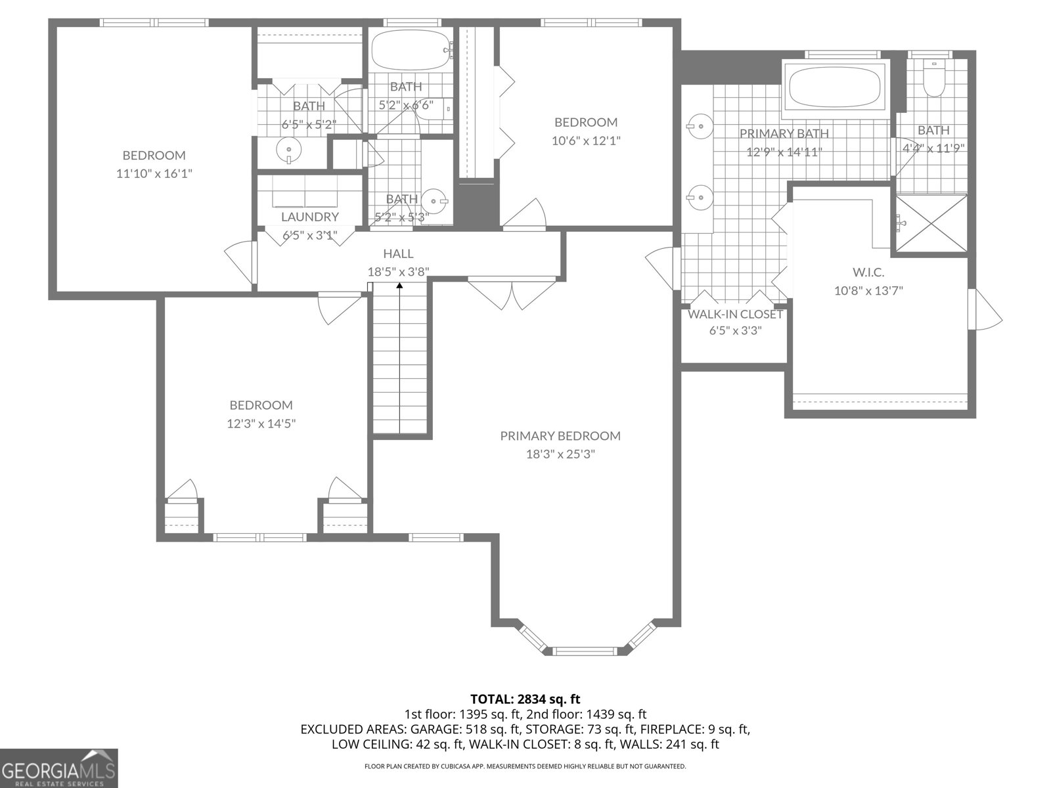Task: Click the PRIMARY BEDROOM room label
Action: tap(560, 436)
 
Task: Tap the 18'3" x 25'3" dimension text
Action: tap(560, 454)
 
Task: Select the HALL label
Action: tap(398, 253)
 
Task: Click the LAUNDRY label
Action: tap(309, 217)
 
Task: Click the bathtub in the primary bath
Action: tap(834, 87)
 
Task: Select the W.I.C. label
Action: tap(868, 272)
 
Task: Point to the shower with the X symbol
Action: tap(931, 223)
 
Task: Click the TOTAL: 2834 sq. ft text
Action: tap(525, 699)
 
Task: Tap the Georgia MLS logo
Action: tap(59, 768)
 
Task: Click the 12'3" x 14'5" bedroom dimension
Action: tap(261, 424)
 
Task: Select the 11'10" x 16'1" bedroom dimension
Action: tap(154, 174)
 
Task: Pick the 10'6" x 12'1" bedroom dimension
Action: tap(586, 141)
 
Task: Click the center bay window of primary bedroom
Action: tap(585, 651)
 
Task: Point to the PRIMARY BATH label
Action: tap(784, 133)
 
